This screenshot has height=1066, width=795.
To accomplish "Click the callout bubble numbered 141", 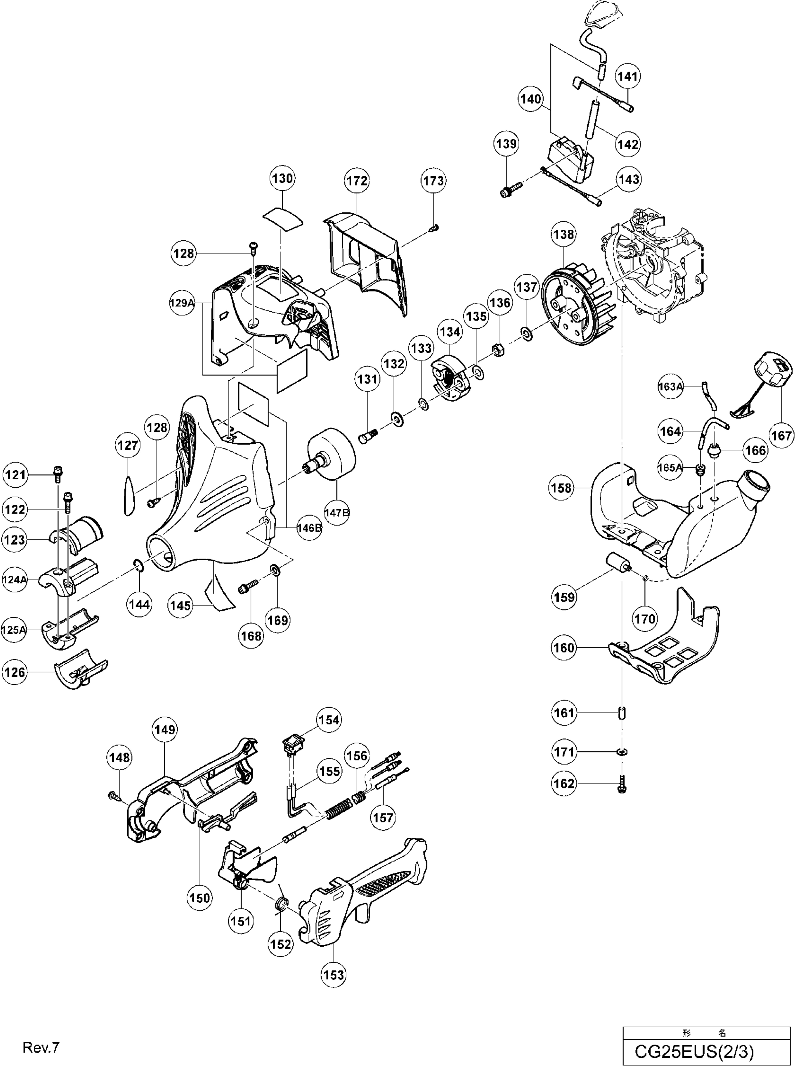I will pos(627,76).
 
